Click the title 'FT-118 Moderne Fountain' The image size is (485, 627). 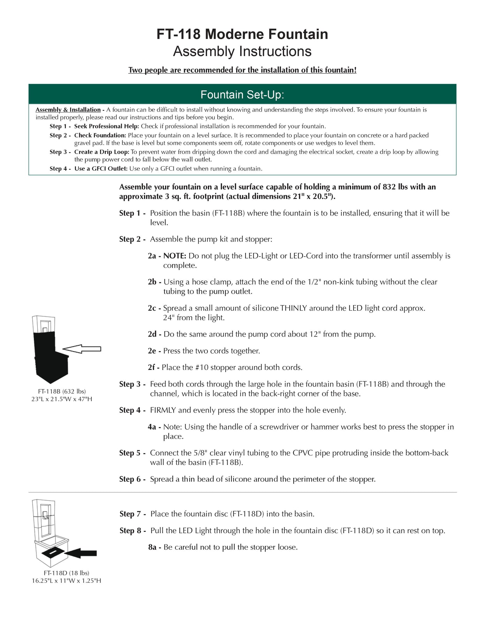242,34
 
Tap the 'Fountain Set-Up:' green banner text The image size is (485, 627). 242,94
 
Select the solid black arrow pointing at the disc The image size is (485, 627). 81,553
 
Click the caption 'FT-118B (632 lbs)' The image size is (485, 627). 62,391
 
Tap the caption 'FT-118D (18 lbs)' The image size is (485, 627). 66,573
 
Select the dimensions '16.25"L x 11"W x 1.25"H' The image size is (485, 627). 66,581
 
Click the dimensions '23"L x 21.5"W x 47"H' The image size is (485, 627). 62,399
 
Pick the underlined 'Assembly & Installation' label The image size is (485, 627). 68,110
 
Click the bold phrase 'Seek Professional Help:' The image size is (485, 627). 106,126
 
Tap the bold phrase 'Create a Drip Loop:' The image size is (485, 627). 101,152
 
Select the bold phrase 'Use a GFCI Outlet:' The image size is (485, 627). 101,169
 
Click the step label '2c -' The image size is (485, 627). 154,308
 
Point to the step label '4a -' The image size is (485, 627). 154,427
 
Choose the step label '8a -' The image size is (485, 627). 154,547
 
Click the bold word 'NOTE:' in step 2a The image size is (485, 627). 175,256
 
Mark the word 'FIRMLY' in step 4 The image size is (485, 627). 163,410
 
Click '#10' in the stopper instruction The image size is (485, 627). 202,367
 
